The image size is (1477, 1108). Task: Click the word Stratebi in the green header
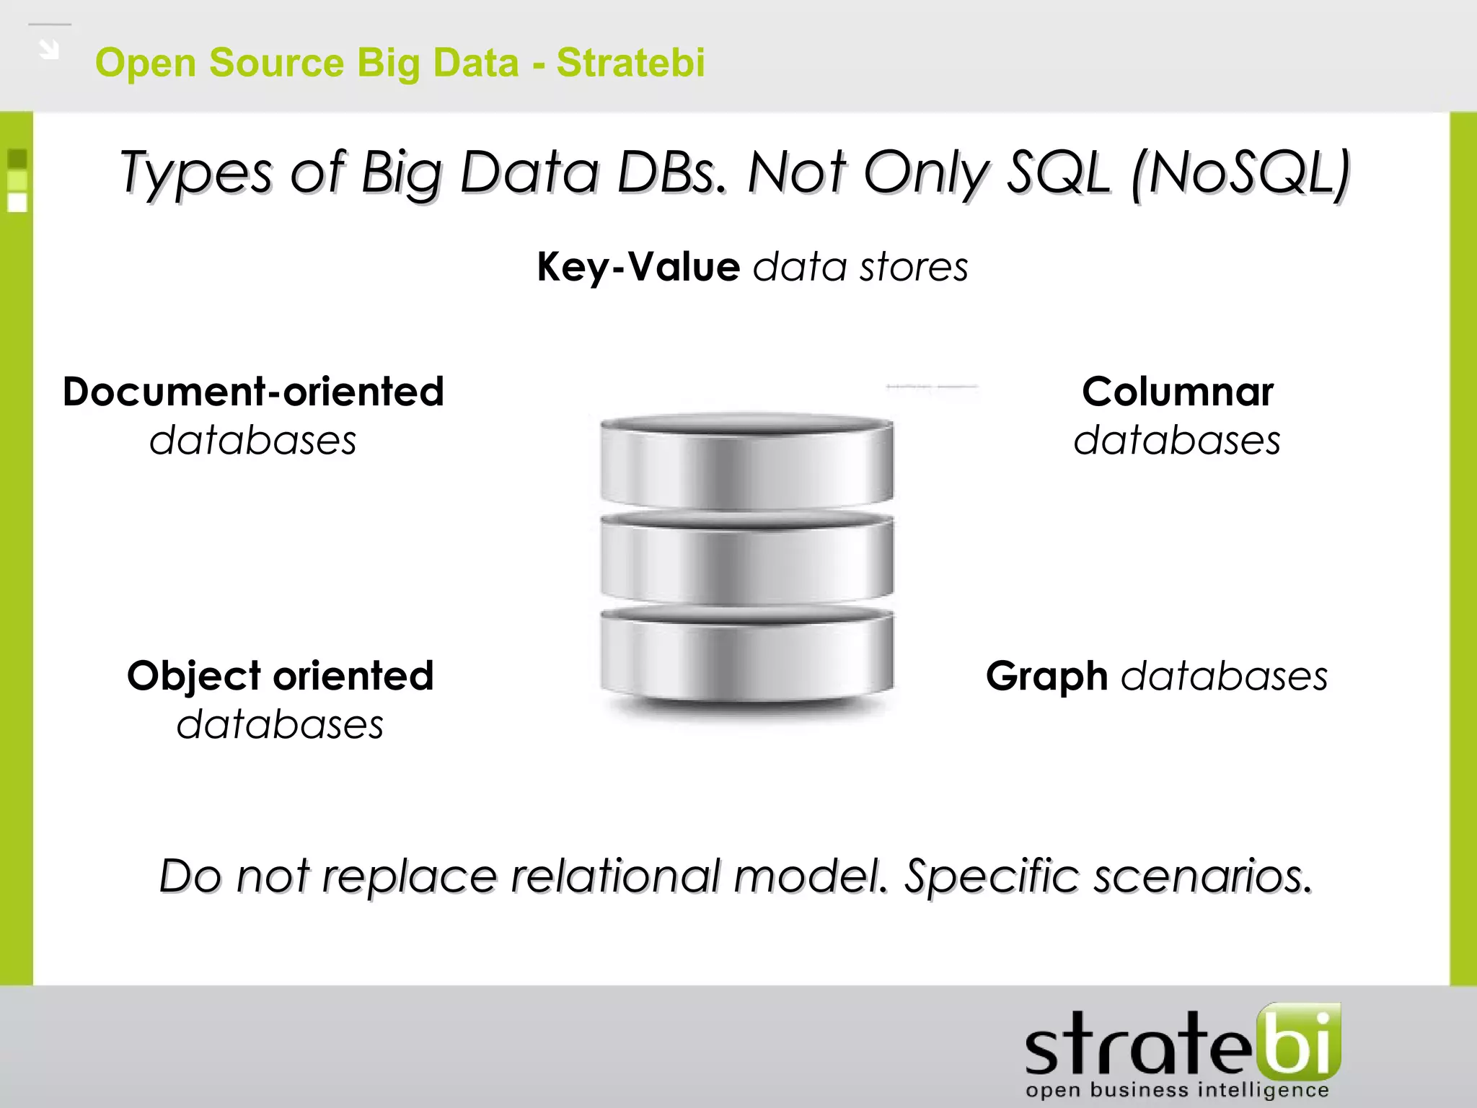(x=630, y=62)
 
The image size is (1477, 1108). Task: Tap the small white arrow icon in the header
(x=48, y=50)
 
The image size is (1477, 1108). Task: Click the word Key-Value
(x=638, y=267)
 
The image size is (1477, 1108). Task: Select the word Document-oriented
(x=253, y=392)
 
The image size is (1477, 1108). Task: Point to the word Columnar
(x=1177, y=392)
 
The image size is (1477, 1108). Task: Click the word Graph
(x=1046, y=676)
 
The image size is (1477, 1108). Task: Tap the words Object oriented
(x=280, y=676)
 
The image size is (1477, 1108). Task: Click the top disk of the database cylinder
(x=746, y=462)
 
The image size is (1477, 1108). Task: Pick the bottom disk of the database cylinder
(x=746, y=653)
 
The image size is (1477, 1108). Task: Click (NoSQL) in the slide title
(x=1240, y=173)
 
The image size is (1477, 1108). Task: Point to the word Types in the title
(x=196, y=173)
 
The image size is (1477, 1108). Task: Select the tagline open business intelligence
(x=1177, y=1089)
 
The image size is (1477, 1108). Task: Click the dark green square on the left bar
(x=17, y=158)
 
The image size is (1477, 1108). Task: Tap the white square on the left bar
(x=17, y=203)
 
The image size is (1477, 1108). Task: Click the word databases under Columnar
(x=1177, y=440)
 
